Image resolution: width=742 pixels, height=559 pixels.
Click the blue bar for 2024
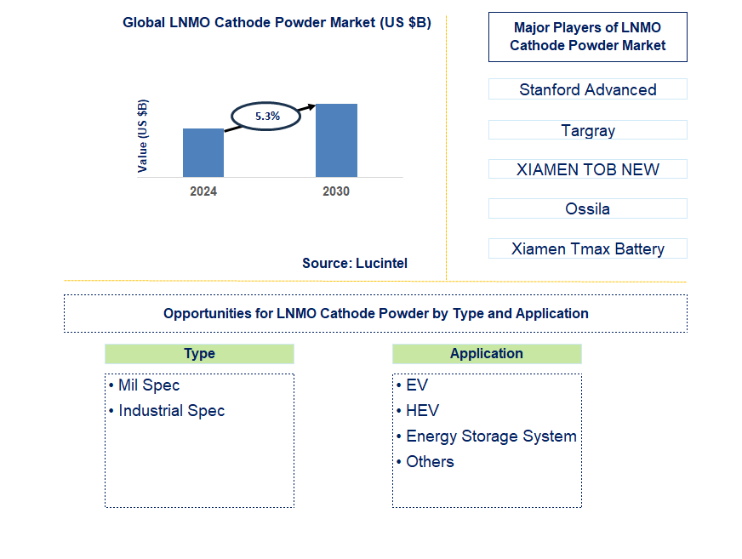coord(203,152)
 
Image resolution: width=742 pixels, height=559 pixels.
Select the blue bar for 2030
coord(336,140)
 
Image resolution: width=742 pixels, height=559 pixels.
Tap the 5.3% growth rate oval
coord(266,116)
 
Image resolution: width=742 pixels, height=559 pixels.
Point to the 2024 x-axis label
coord(203,191)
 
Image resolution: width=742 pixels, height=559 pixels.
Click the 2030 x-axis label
coord(336,191)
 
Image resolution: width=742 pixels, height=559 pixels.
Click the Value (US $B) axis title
coord(143,136)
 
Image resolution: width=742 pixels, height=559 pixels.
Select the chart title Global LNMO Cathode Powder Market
coord(277,23)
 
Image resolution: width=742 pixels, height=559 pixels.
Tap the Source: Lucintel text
coord(355,264)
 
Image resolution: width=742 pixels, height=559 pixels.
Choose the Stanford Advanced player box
coord(587,89)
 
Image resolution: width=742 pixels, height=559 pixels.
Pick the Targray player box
coord(587,130)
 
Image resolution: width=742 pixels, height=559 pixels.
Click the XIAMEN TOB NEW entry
coord(587,169)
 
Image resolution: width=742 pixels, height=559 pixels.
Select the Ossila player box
coord(587,208)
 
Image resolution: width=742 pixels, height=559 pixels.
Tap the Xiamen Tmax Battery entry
coord(587,248)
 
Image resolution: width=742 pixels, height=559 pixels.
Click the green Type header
coord(199,354)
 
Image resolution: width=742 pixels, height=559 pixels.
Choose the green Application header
coord(487,354)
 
